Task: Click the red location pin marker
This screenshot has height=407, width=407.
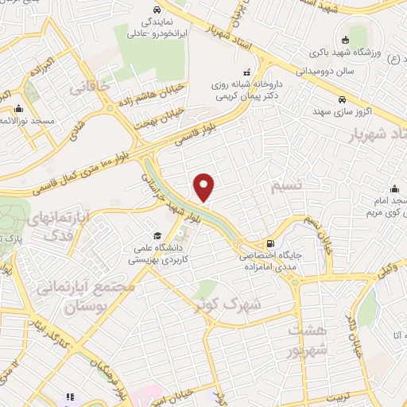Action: [x=204, y=187]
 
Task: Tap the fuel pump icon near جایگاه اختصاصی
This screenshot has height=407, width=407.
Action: [x=273, y=244]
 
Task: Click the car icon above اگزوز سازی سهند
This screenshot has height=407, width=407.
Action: [x=340, y=101]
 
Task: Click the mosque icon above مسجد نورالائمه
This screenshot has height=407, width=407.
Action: [x=17, y=110]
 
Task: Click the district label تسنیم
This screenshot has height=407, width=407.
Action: [x=288, y=186]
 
